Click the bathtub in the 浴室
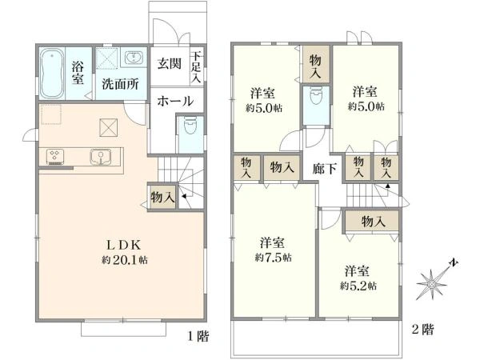pos(54,74)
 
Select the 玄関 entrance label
pos(168,64)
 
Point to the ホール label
pos(174,101)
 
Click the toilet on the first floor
pos(189,128)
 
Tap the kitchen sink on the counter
pos(101,155)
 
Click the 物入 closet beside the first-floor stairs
pos(162,196)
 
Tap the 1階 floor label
pos(199,336)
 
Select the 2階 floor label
pos(423,329)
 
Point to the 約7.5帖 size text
pos(273,258)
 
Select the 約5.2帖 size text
pos(358,285)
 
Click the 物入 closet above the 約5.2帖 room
pos(373,221)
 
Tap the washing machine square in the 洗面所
pos(107,59)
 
